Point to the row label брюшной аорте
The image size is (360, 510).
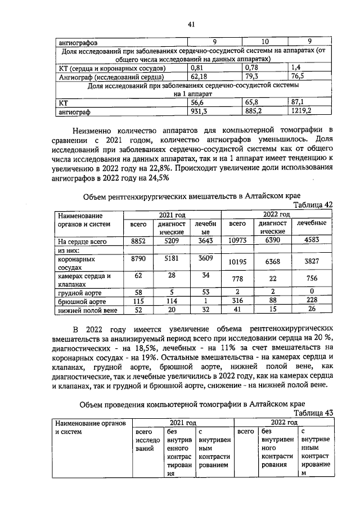(x=77, y=301)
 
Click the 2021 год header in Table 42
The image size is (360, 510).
(x=172, y=215)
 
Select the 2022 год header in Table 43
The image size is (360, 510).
(x=284, y=422)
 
